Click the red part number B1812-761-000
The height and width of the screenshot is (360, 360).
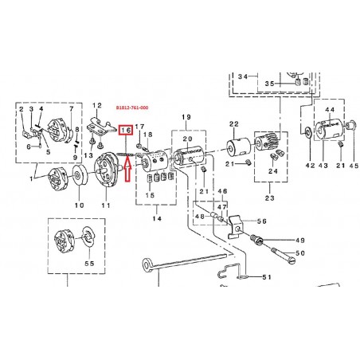pyautogui.click(x=132, y=108)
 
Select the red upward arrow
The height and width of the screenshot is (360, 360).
pyautogui.click(x=127, y=169)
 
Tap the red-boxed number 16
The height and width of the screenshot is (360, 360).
pyautogui.click(x=126, y=130)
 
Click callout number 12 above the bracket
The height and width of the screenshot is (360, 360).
pyautogui.click(x=97, y=106)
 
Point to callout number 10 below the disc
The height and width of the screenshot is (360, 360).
pyautogui.click(x=80, y=205)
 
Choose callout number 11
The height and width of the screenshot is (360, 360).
pyautogui.click(x=106, y=205)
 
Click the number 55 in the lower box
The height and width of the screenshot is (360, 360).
pyautogui.click(x=89, y=264)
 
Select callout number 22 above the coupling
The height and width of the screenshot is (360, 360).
pyautogui.click(x=234, y=124)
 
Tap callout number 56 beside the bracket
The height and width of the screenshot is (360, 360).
pyautogui.click(x=261, y=221)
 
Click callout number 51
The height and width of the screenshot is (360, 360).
pyautogui.click(x=267, y=277)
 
